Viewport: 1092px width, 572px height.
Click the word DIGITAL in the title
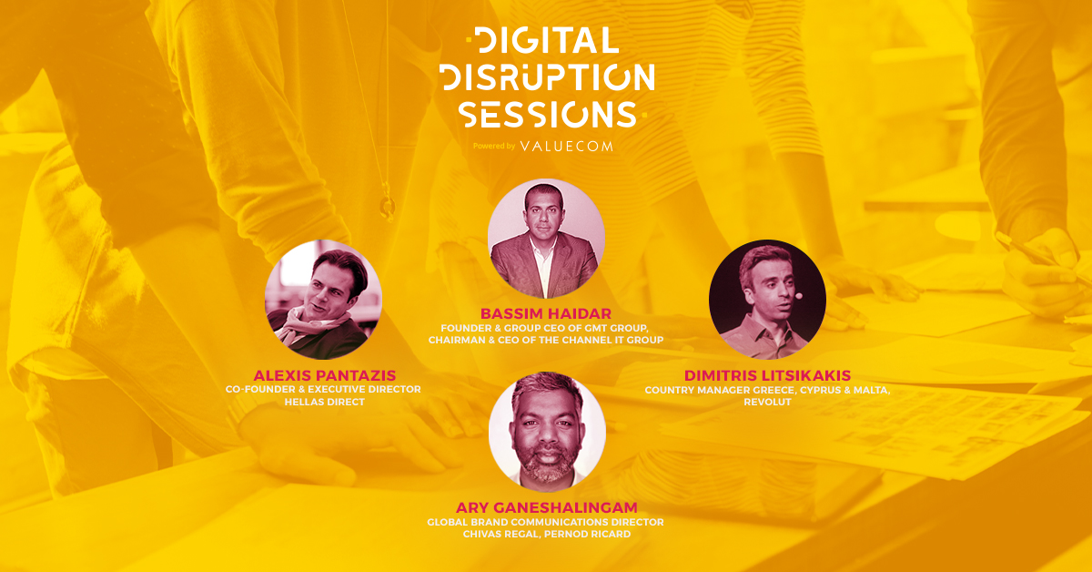(x=547, y=40)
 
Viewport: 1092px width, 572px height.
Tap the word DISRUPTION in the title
(x=547, y=77)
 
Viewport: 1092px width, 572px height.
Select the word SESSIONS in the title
(x=548, y=115)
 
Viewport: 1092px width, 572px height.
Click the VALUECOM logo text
(x=566, y=146)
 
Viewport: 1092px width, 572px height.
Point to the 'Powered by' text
(x=494, y=146)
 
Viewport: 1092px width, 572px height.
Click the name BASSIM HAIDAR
(x=546, y=313)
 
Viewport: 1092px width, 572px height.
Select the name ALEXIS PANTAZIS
(x=325, y=375)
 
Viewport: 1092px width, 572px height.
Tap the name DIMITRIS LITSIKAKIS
(x=767, y=375)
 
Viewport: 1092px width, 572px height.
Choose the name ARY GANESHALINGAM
(x=547, y=507)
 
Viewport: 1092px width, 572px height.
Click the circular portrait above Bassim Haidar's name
(x=547, y=238)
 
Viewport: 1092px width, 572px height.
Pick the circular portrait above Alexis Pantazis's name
(x=324, y=300)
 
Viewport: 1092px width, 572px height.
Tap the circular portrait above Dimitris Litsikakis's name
(x=767, y=300)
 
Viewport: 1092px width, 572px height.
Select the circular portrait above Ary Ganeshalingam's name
(x=547, y=433)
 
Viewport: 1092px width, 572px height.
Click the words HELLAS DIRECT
(x=325, y=403)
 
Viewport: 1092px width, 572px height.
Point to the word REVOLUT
(x=767, y=403)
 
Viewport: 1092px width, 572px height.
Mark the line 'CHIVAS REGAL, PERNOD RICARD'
(x=547, y=535)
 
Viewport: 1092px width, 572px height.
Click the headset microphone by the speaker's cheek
(x=798, y=295)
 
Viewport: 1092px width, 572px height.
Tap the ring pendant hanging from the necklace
(x=387, y=207)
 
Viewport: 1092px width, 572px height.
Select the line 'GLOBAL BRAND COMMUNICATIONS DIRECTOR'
(x=545, y=522)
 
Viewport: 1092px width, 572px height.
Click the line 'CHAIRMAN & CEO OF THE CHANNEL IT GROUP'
(x=546, y=340)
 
